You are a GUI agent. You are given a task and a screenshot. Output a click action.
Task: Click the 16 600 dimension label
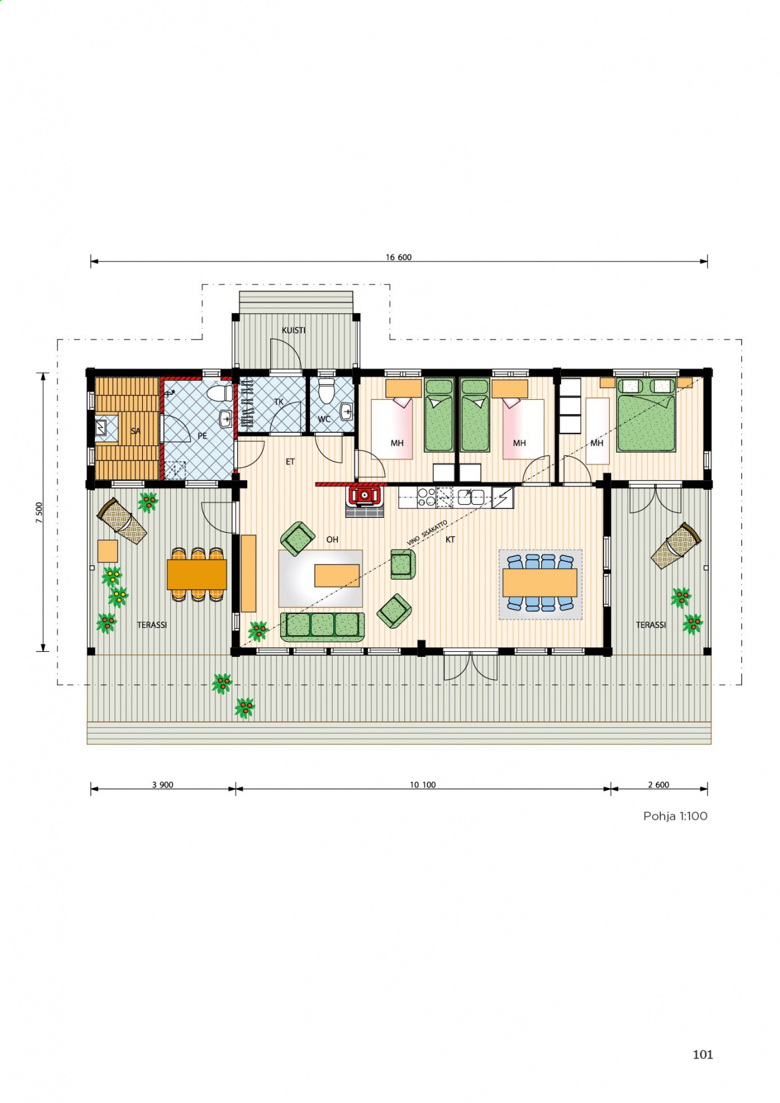point(398,257)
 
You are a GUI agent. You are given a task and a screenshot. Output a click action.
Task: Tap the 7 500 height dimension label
point(39,512)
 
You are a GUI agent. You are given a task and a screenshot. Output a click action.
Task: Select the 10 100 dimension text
point(422,785)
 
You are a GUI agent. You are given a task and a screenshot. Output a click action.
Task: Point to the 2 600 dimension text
point(658,785)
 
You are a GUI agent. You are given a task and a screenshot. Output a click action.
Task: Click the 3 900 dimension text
point(162,785)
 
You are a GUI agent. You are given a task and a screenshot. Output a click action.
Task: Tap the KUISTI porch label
point(293,330)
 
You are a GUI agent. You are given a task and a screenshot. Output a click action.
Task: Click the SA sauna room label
point(135,431)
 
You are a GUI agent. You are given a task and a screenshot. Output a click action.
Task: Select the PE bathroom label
point(202,436)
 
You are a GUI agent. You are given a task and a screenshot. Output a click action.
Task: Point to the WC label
point(324,419)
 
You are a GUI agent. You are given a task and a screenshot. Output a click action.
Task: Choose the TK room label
point(279,402)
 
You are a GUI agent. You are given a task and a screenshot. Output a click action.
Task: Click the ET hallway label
point(290,462)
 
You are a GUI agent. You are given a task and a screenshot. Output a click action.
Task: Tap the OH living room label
point(332,540)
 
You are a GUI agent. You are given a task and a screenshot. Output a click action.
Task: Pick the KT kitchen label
point(450,540)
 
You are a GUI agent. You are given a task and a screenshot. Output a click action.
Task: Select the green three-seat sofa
point(322,626)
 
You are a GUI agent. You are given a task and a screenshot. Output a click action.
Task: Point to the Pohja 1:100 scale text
point(675,816)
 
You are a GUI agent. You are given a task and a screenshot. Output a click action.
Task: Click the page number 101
point(703,1054)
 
